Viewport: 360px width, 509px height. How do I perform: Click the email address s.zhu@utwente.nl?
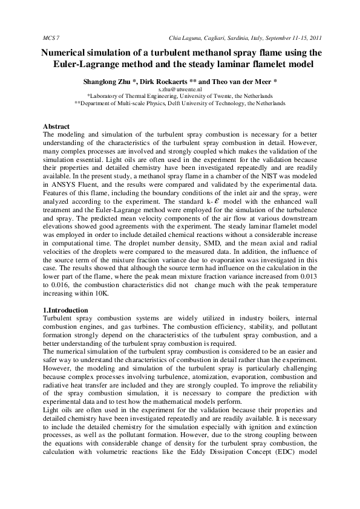(180, 88)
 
